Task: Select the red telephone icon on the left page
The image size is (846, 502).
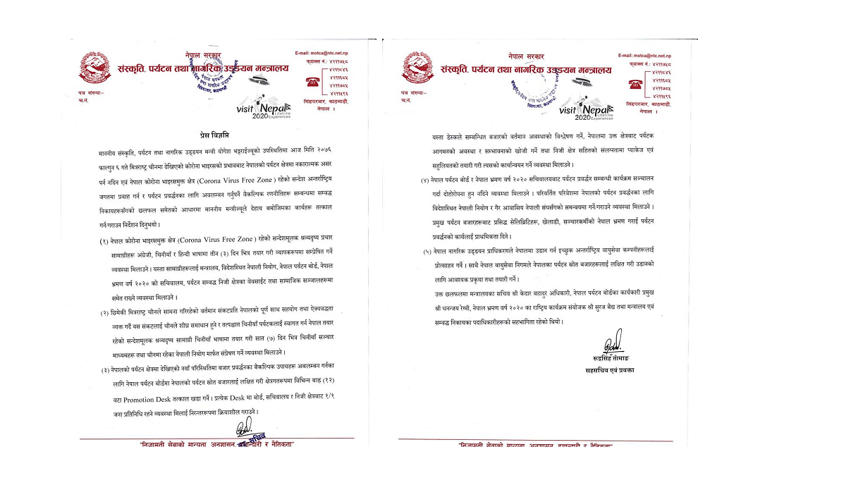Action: point(310,80)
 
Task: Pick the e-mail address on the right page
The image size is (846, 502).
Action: point(643,54)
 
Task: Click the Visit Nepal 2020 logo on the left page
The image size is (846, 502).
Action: point(267,107)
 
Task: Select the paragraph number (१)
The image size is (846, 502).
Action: point(104,241)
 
